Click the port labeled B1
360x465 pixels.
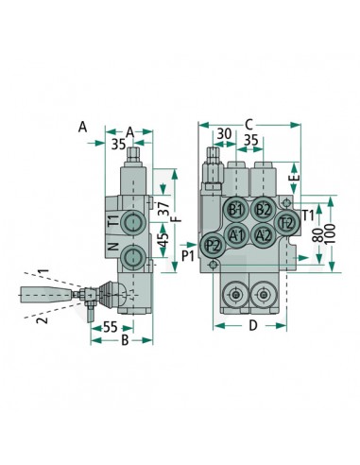point(237,210)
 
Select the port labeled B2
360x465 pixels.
point(264,210)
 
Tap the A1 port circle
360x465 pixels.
point(237,234)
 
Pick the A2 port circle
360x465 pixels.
point(264,234)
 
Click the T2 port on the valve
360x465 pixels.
point(287,222)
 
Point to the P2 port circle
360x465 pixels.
point(214,245)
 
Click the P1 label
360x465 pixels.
point(187,255)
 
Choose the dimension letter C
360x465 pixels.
point(249,122)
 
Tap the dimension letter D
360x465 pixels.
point(251,327)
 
